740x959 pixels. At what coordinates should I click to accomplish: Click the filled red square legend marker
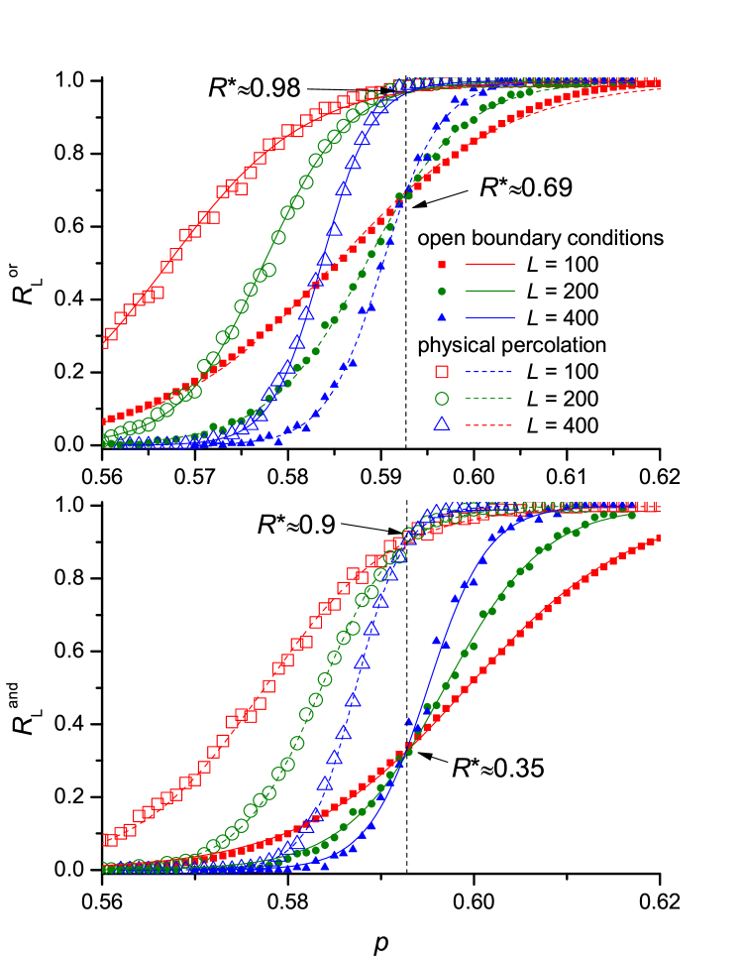pos(442,265)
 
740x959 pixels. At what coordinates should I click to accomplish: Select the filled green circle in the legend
pos(442,292)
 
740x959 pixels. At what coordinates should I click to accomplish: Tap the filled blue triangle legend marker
pos(442,317)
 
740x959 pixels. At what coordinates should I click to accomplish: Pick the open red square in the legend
pos(442,372)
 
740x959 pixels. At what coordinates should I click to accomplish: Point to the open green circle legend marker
pos(442,399)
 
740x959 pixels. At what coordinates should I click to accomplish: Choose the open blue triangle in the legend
pos(442,424)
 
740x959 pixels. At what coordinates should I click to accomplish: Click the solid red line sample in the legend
pos(490,265)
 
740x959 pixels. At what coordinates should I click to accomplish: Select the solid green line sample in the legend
pos(490,292)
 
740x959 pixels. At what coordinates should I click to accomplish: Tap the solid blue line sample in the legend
pos(490,317)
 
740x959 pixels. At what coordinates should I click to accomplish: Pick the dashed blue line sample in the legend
pos(489,372)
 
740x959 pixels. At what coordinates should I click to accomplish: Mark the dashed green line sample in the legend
pos(489,399)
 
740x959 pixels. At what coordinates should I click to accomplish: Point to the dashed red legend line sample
pos(489,424)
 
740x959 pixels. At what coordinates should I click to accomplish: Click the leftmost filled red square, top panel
pos(104,421)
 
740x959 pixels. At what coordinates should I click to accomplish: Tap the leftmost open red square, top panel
pos(111,334)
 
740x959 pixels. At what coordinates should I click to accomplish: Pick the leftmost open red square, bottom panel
pos(110,840)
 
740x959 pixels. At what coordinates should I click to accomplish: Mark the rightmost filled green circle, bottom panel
pos(631,515)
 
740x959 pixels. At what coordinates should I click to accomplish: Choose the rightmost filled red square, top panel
pos(657,83)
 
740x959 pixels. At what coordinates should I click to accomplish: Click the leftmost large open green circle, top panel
pos(110,436)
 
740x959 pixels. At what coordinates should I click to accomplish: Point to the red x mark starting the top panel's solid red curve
pos(104,341)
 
